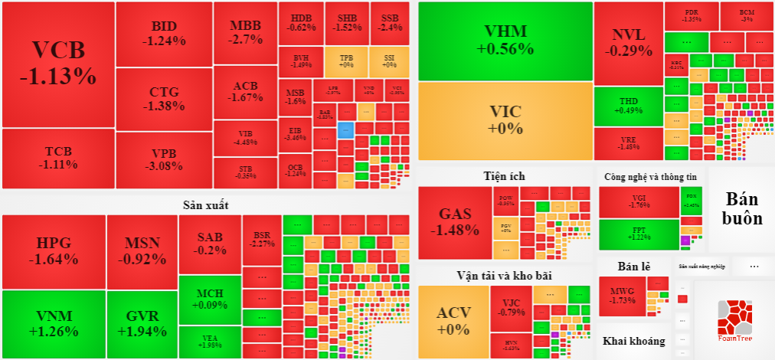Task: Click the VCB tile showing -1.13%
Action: (x=58, y=64)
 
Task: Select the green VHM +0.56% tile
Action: (x=505, y=41)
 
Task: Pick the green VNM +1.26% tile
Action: (x=53, y=324)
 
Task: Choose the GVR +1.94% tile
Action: (x=142, y=324)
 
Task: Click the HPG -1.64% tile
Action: (x=53, y=251)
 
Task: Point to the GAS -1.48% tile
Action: (x=454, y=222)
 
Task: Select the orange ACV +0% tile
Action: (x=453, y=320)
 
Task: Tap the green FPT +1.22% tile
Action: (x=639, y=234)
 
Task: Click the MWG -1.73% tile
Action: (x=622, y=296)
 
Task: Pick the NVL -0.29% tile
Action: (x=628, y=43)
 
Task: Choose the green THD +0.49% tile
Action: (x=628, y=106)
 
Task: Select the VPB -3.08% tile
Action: (x=164, y=159)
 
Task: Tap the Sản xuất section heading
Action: (x=205, y=205)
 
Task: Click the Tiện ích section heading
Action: (x=504, y=175)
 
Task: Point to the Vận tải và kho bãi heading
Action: (x=504, y=275)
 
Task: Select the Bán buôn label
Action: (x=742, y=208)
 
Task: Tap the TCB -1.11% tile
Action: (x=58, y=158)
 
